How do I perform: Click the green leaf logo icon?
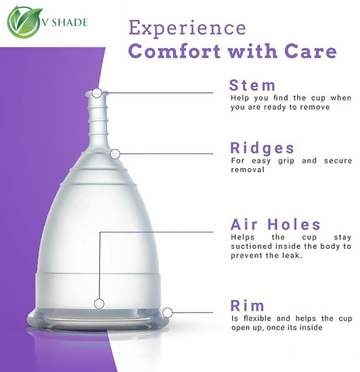click(24, 22)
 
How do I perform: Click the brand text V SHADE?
click(65, 22)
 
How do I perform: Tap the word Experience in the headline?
click(187, 29)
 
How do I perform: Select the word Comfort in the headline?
click(175, 51)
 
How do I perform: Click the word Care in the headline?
click(310, 51)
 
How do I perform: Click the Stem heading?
click(252, 85)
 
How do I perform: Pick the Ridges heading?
click(262, 148)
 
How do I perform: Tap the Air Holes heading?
click(275, 224)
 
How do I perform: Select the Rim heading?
click(247, 305)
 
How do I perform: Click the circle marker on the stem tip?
click(97, 93)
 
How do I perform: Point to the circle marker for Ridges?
click(115, 154)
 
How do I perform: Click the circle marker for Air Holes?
click(99, 304)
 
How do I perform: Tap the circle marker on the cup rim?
click(168, 312)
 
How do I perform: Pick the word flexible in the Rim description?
click(257, 319)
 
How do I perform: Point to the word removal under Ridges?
click(247, 170)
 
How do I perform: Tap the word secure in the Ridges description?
click(337, 161)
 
